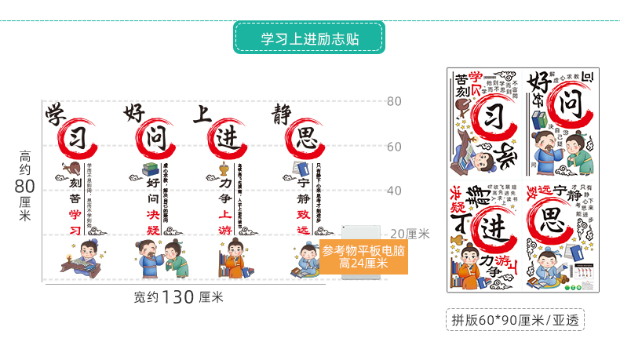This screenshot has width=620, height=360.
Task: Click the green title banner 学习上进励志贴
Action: click(309, 38)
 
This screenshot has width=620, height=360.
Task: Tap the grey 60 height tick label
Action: click(394, 146)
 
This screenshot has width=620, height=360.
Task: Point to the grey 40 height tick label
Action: click(394, 191)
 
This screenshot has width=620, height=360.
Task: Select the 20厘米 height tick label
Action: click(410, 234)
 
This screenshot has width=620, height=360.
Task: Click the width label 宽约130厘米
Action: click(179, 297)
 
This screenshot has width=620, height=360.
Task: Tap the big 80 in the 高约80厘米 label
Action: click(25, 186)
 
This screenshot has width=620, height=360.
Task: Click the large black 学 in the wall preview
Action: click(57, 114)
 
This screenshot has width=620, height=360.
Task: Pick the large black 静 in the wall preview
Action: click(283, 114)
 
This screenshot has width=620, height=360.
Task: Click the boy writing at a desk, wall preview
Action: click(80, 259)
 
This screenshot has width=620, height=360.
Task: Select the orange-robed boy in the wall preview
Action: click(232, 260)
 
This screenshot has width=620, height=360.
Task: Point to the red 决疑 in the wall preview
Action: click(154, 220)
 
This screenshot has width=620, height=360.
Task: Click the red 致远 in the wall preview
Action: click(304, 220)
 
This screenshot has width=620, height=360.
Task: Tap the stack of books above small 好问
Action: click(150, 169)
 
